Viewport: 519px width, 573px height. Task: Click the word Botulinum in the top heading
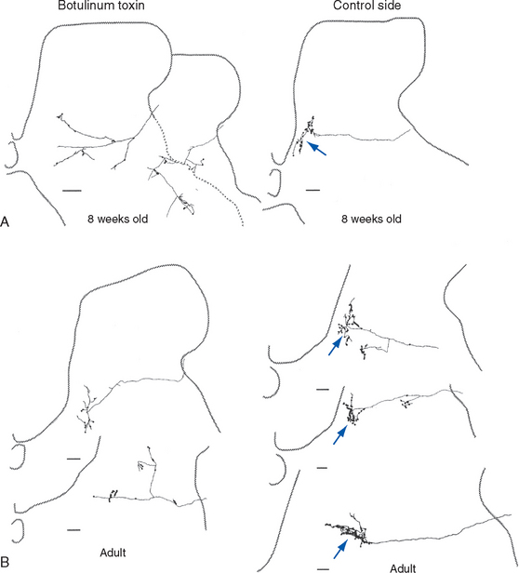[x=85, y=6]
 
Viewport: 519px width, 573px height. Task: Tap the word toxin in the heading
[x=129, y=6]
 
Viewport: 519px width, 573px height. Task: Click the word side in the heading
[x=387, y=6]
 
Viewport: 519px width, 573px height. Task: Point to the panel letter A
[x=5, y=221]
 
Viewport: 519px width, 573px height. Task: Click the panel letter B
[x=5, y=561]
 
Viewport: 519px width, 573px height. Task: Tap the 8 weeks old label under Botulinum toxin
[x=118, y=219]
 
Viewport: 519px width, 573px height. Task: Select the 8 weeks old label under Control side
[x=371, y=219]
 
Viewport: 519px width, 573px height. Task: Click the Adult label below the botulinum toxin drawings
[x=113, y=553]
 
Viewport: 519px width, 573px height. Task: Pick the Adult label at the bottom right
[x=403, y=568]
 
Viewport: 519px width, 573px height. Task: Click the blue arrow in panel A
[x=316, y=149]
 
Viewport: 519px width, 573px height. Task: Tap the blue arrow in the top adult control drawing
[x=335, y=346]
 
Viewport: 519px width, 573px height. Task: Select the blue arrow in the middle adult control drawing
[x=339, y=435]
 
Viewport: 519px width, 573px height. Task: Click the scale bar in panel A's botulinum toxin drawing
[x=72, y=191]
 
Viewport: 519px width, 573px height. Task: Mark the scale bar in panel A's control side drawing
[x=313, y=190]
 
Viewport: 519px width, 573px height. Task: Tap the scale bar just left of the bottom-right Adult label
[x=323, y=569]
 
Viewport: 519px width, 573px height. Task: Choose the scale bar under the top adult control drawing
[x=323, y=390]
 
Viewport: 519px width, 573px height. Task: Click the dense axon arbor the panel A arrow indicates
[x=304, y=135]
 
